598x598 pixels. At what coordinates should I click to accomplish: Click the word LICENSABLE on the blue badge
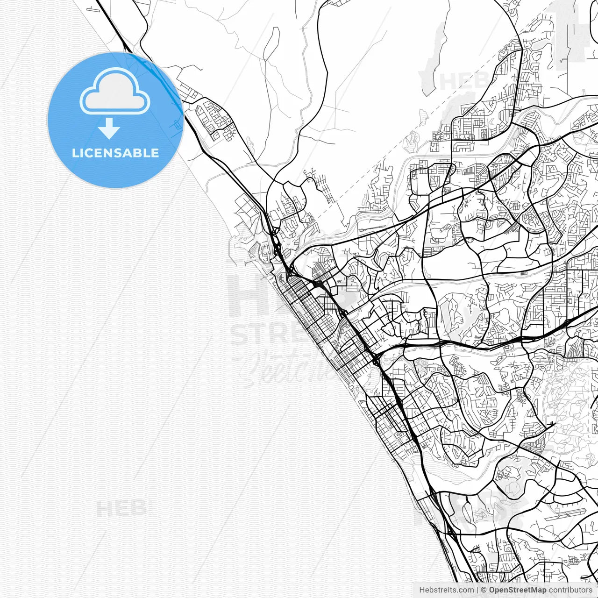pos(115,153)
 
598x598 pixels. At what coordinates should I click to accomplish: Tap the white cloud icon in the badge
pos(115,92)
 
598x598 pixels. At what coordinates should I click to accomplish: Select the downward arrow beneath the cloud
pos(109,128)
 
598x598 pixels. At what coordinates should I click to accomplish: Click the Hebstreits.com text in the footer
pos(446,590)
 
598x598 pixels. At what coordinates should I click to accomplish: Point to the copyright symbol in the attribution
pos(484,590)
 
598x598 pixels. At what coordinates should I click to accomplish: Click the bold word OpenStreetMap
pos(517,590)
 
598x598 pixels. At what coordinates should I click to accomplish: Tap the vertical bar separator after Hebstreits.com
pos(477,590)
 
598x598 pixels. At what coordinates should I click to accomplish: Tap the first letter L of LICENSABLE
pos(75,153)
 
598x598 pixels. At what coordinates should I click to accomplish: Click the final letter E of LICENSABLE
pos(155,153)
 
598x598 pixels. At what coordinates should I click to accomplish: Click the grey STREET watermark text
pos(271,334)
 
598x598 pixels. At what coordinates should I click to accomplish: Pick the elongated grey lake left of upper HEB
pos(434,56)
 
